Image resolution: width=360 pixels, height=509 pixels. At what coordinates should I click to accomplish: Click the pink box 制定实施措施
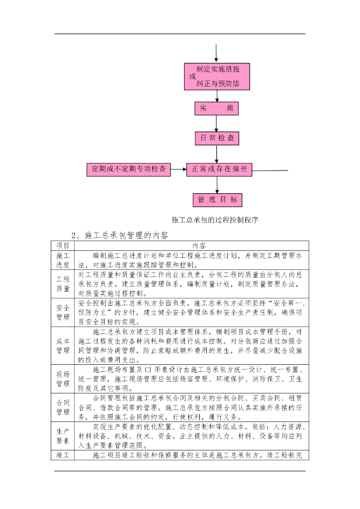[x=216, y=77]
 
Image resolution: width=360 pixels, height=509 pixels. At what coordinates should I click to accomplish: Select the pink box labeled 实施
[x=216, y=108]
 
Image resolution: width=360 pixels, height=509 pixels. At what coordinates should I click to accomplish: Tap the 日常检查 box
[x=217, y=138]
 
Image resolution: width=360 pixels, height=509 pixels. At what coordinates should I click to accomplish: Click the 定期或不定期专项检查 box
[x=128, y=169]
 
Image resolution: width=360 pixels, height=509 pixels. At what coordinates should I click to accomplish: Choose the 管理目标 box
[x=217, y=200]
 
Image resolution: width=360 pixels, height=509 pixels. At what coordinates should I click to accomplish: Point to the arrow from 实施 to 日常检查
[x=217, y=123]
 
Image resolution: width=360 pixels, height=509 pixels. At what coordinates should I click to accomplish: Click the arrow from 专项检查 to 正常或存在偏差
[x=179, y=170]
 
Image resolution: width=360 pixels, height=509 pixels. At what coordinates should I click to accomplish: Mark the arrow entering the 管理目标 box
[x=217, y=185]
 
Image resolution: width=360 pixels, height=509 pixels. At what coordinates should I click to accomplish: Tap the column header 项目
[x=63, y=246]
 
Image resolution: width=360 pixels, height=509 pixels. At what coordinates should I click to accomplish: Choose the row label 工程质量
[x=63, y=284]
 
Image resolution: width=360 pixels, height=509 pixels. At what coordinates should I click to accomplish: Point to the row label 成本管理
[x=63, y=345]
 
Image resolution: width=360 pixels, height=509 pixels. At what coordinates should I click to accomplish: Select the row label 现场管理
[x=63, y=379]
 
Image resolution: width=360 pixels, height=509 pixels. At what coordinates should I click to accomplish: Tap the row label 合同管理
[x=63, y=407]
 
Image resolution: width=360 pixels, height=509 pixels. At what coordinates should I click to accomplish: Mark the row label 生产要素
[x=63, y=436]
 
